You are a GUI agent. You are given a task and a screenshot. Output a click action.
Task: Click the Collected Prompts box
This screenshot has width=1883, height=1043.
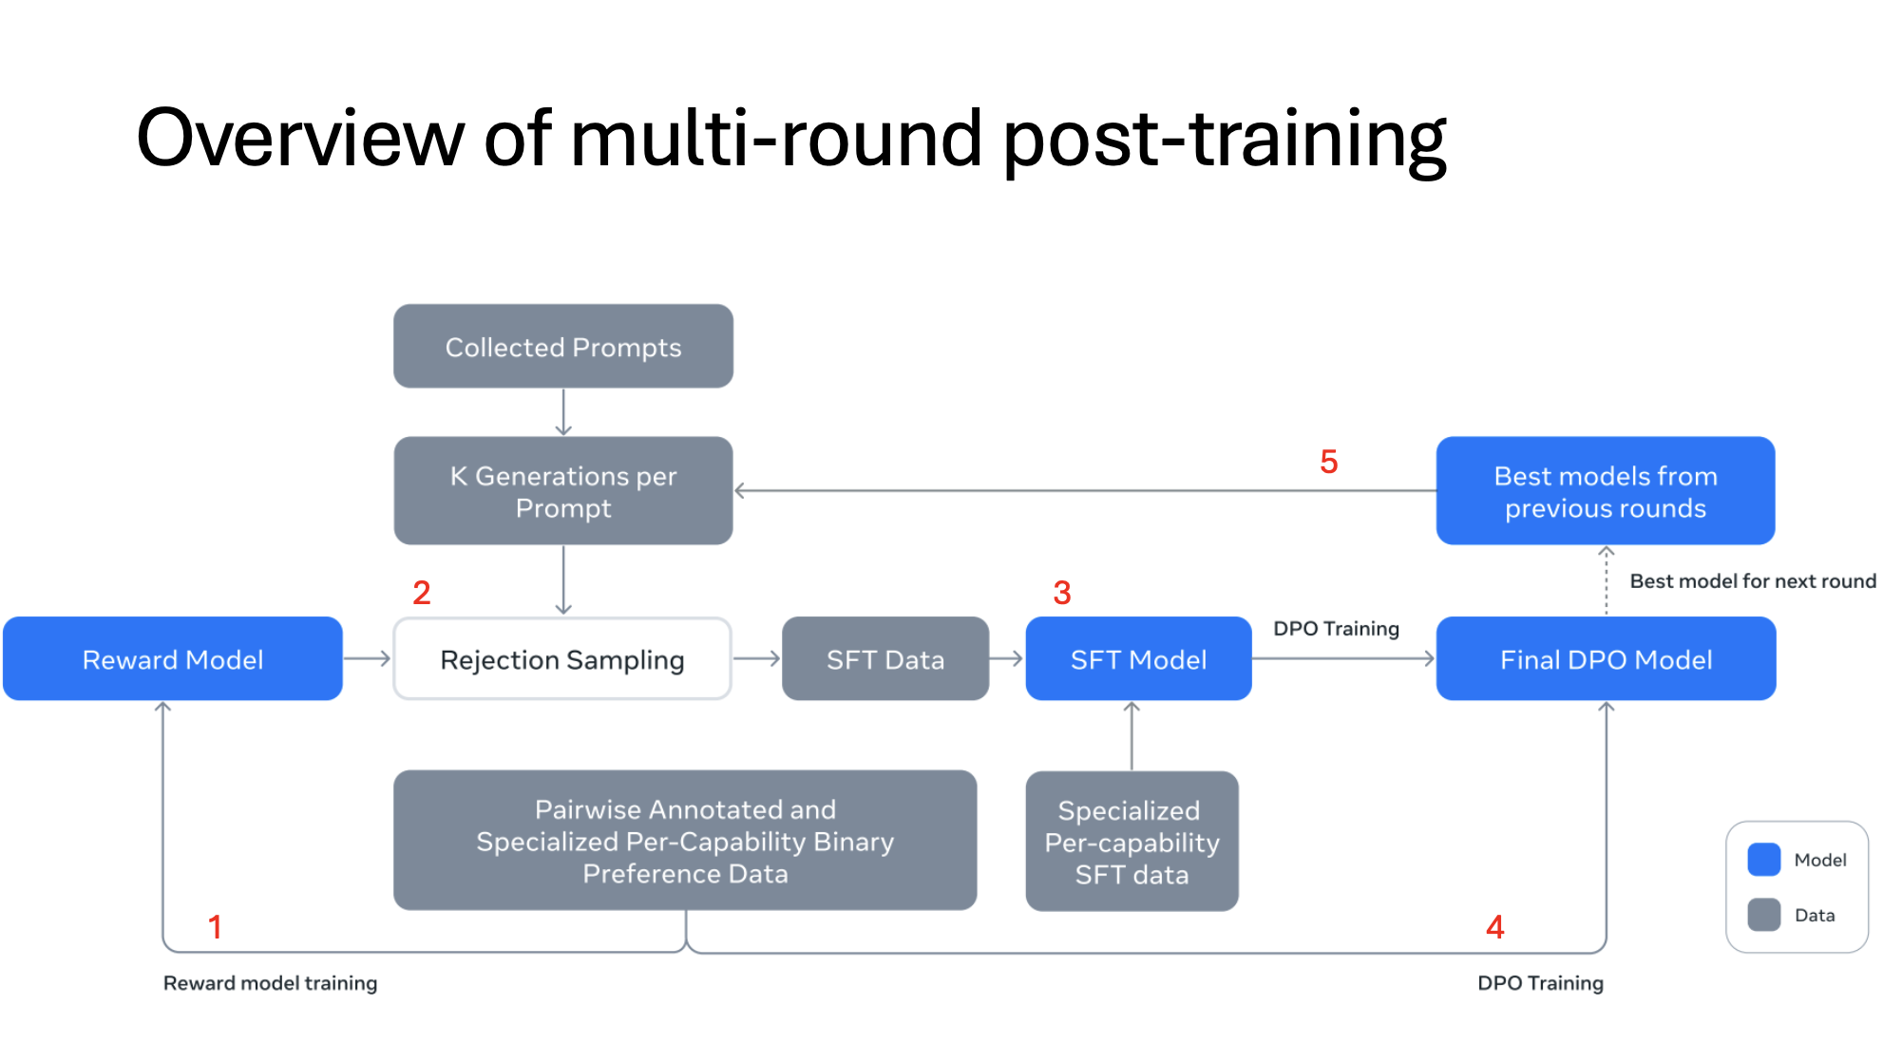tap(563, 346)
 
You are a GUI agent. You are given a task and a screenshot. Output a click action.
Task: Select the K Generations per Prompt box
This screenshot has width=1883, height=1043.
tap(563, 490)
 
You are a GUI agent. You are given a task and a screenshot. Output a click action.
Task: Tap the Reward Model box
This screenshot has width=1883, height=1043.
tap(173, 658)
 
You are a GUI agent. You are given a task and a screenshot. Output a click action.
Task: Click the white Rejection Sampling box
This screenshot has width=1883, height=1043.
tap(562, 658)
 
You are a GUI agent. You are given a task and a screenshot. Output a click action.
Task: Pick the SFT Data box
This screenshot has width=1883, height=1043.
tap(885, 658)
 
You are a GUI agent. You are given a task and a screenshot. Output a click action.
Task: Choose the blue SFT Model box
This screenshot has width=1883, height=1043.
tap(1138, 658)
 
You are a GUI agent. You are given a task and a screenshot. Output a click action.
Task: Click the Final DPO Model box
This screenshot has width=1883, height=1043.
tap(1606, 658)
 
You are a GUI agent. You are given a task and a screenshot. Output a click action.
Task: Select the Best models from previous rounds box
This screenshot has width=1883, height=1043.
tap(1606, 490)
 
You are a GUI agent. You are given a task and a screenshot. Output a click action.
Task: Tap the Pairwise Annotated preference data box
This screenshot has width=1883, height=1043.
tap(685, 840)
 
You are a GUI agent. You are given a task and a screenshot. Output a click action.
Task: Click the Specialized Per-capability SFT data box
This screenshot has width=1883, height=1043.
tap(1132, 841)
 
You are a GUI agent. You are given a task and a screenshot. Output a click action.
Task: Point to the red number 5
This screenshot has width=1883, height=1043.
tap(1329, 462)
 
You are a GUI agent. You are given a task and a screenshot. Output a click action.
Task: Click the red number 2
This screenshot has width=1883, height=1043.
tap(422, 593)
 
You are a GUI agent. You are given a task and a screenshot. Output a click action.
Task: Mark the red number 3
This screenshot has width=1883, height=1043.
tap(1062, 593)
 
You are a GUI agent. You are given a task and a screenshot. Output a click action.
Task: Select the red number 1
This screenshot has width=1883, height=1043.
tap(216, 927)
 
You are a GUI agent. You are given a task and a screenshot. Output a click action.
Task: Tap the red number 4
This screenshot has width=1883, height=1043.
tap(1495, 927)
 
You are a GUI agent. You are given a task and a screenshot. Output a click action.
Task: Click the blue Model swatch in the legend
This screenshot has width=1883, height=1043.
tap(1764, 860)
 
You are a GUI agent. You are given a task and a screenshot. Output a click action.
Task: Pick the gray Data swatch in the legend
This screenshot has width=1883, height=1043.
tap(1764, 915)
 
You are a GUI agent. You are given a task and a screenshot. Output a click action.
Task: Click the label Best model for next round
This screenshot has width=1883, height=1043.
tap(1753, 581)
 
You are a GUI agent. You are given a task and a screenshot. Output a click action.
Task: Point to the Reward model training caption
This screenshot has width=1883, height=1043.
tap(271, 983)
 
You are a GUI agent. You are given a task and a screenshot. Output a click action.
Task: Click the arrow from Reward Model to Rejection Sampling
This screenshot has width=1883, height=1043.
tap(367, 658)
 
